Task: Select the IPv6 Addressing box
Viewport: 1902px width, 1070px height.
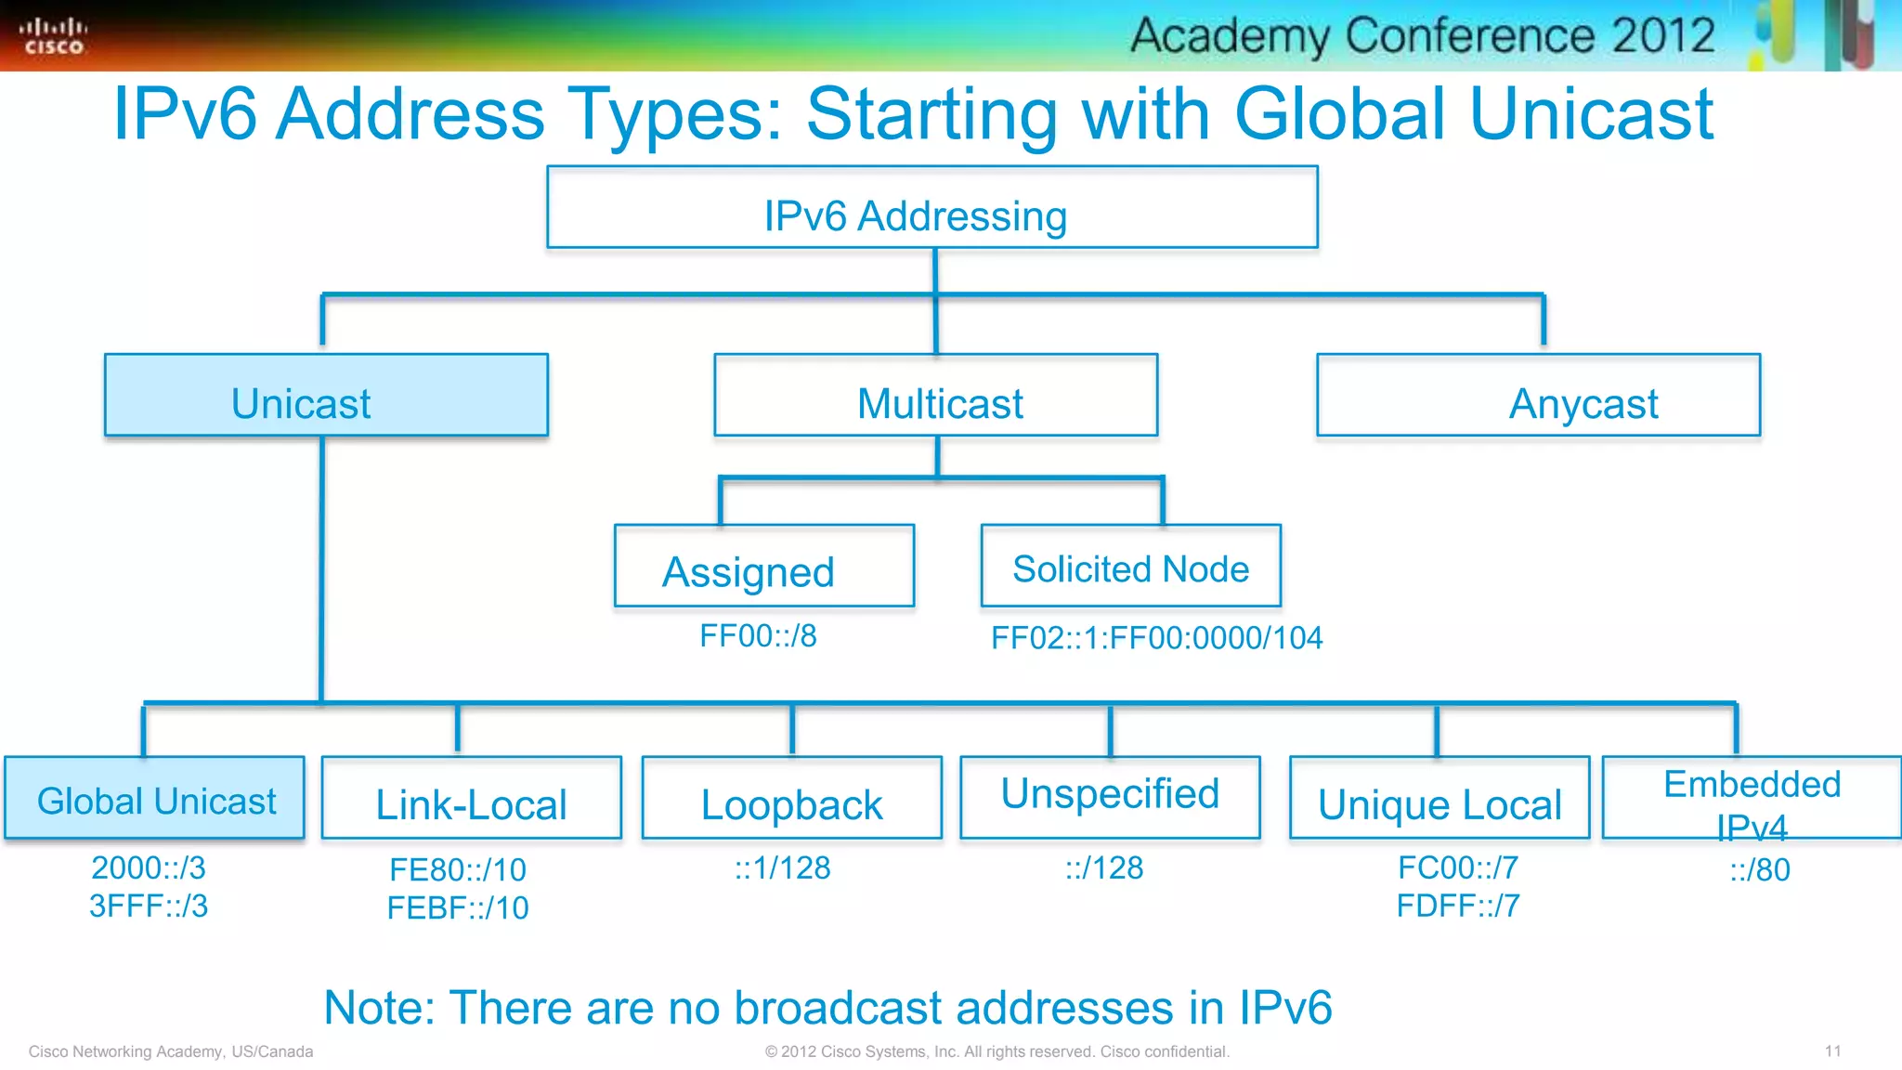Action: tap(931, 208)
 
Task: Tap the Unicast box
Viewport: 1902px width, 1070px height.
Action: tap(326, 396)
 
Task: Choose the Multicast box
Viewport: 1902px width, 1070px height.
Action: tap(936, 396)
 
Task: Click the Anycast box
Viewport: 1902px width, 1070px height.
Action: tap(1538, 396)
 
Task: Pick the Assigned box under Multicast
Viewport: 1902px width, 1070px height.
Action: tap(764, 567)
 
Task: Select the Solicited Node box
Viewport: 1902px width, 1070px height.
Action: tap(1130, 567)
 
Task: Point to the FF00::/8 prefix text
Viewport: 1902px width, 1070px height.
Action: tap(758, 636)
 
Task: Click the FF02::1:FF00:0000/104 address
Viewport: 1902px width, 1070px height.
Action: tap(1156, 638)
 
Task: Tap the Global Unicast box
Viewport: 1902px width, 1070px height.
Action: tap(155, 799)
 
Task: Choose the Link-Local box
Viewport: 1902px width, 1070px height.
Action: tap(471, 799)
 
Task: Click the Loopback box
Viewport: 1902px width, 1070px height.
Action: tap(791, 799)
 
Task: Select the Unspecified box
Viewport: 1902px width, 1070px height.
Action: tap(1110, 797)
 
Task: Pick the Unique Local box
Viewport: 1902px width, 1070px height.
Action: tap(1439, 799)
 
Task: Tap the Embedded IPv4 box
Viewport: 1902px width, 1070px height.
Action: tap(1752, 799)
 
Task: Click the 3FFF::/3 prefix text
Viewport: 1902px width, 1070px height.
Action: tap(149, 906)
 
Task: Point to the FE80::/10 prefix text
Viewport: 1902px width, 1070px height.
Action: tap(458, 870)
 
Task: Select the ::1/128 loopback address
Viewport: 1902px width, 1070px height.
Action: tap(782, 868)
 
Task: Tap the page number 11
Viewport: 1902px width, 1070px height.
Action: tap(1832, 1051)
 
